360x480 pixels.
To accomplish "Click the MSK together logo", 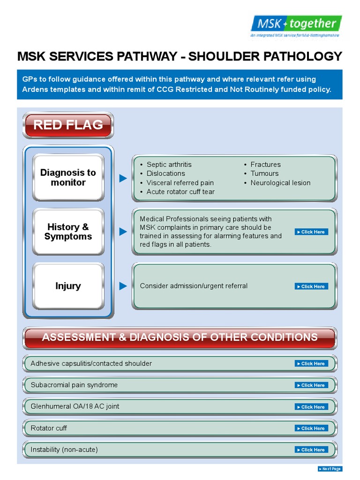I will (x=296, y=25).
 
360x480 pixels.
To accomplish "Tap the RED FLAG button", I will (x=68, y=125).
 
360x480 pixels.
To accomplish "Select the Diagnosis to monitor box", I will (x=68, y=178).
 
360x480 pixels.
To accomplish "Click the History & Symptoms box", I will (x=68, y=232).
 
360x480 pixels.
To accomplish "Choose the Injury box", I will (x=68, y=286).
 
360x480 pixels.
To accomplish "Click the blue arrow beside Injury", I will (x=123, y=286).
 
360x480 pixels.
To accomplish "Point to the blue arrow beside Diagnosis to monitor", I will (x=123, y=178).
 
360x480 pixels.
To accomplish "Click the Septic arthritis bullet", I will (x=169, y=165).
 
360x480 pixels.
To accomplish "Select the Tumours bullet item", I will (x=264, y=173).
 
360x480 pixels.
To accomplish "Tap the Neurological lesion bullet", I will (x=280, y=183).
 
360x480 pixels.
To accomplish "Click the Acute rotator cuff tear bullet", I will (x=180, y=192).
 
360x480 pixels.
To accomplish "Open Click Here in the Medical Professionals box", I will (x=311, y=232).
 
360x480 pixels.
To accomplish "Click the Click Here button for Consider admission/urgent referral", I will (x=311, y=286).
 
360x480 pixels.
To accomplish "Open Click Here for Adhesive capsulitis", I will (x=311, y=364).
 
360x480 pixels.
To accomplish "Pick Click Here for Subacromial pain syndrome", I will (x=311, y=385).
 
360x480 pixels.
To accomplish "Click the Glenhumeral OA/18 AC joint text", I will (x=75, y=406).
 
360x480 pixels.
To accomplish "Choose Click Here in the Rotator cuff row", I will (x=311, y=428).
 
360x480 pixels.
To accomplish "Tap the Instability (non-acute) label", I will (x=64, y=450).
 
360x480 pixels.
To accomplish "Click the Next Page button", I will (x=330, y=469).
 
